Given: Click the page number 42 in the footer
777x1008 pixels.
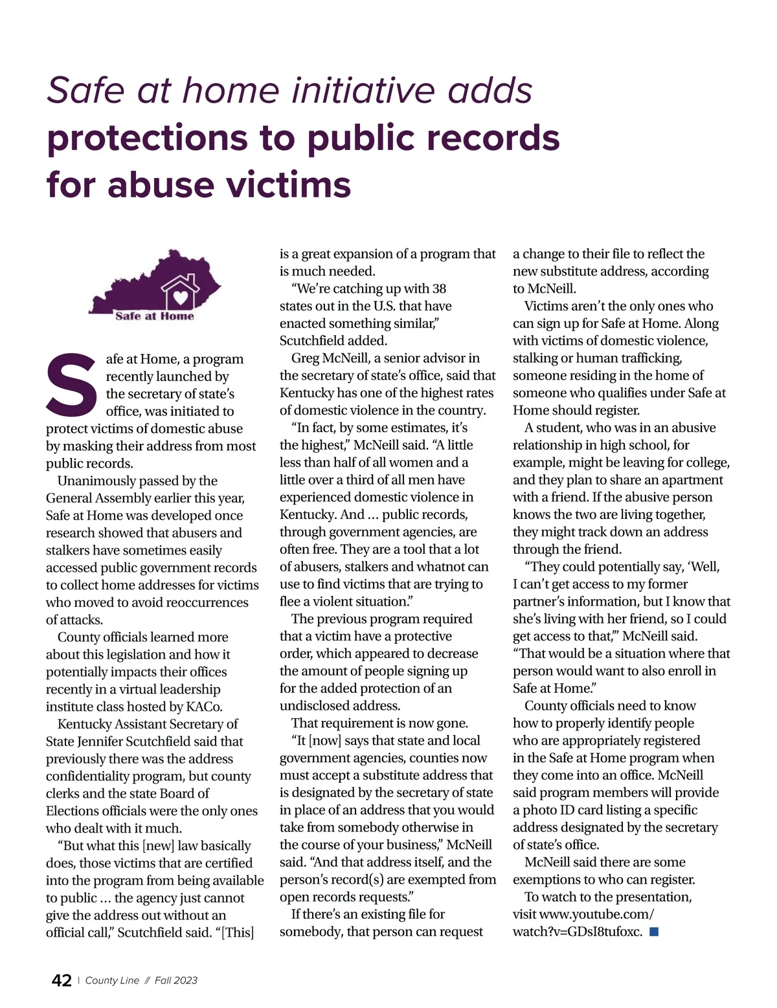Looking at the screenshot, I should (x=62, y=980).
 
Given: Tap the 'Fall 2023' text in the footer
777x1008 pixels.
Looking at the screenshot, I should (x=176, y=980).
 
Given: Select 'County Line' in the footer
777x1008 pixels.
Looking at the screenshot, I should (x=112, y=980).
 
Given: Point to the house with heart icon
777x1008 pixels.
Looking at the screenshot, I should (x=180, y=291).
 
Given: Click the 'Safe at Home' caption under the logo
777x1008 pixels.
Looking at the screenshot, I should (x=155, y=316).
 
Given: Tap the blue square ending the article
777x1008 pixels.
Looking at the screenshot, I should (x=654, y=932).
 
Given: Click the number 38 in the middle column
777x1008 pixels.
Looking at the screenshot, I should (x=439, y=289).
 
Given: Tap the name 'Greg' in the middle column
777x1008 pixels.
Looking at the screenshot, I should (x=305, y=358).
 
